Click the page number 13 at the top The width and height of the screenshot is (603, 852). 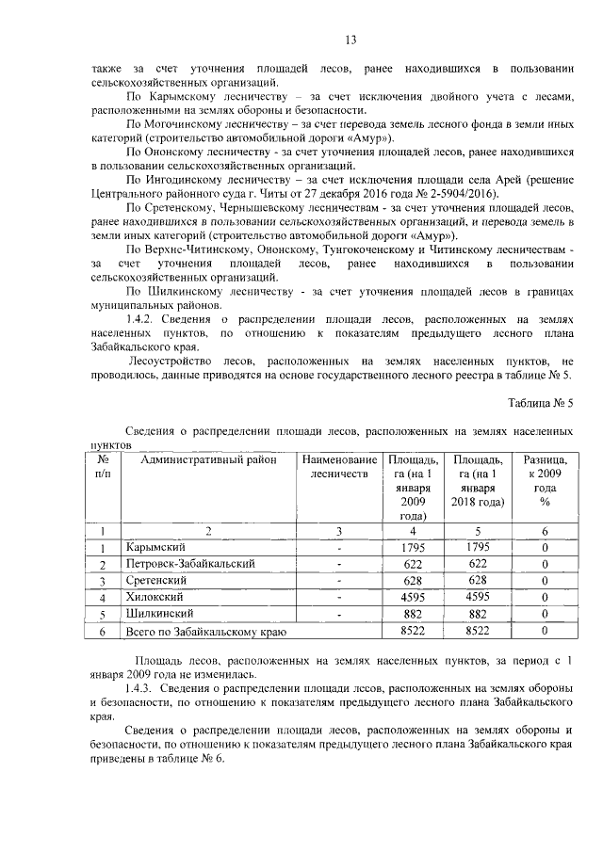[350, 39]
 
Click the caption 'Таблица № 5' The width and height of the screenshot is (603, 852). [540, 403]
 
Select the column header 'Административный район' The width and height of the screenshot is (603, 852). [209, 459]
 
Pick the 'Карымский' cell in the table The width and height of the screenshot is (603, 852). [155, 547]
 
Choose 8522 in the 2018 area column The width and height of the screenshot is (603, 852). [479, 631]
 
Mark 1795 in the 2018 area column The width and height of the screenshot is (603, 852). [479, 547]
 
